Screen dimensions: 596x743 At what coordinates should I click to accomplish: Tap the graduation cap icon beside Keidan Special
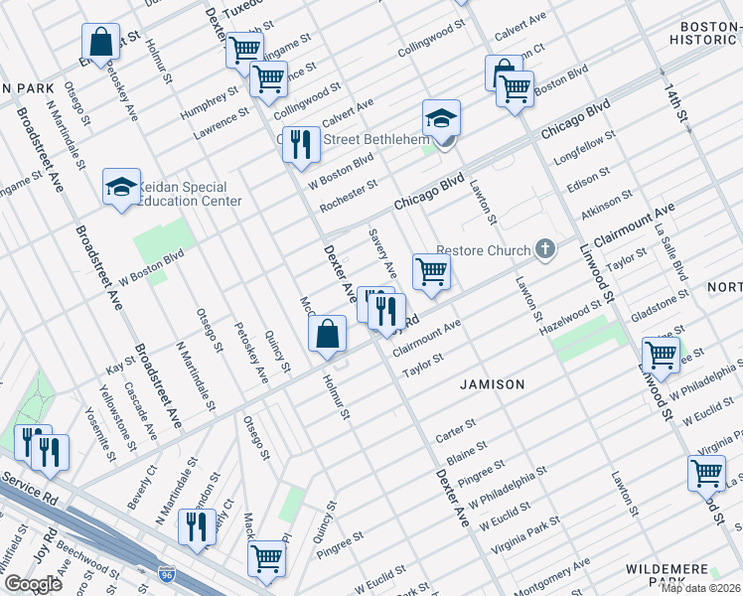point(121,187)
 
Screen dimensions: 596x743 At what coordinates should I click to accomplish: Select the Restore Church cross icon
point(544,249)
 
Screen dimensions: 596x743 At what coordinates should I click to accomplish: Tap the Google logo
point(33,583)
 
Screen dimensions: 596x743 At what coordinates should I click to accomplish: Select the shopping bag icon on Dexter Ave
point(328,336)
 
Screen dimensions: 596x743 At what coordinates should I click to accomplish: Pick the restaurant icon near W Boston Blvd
point(299,145)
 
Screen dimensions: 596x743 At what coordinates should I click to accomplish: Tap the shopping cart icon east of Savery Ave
point(431,270)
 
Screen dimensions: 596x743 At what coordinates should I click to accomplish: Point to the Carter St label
point(456,431)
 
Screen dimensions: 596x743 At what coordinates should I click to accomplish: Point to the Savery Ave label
point(382,254)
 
